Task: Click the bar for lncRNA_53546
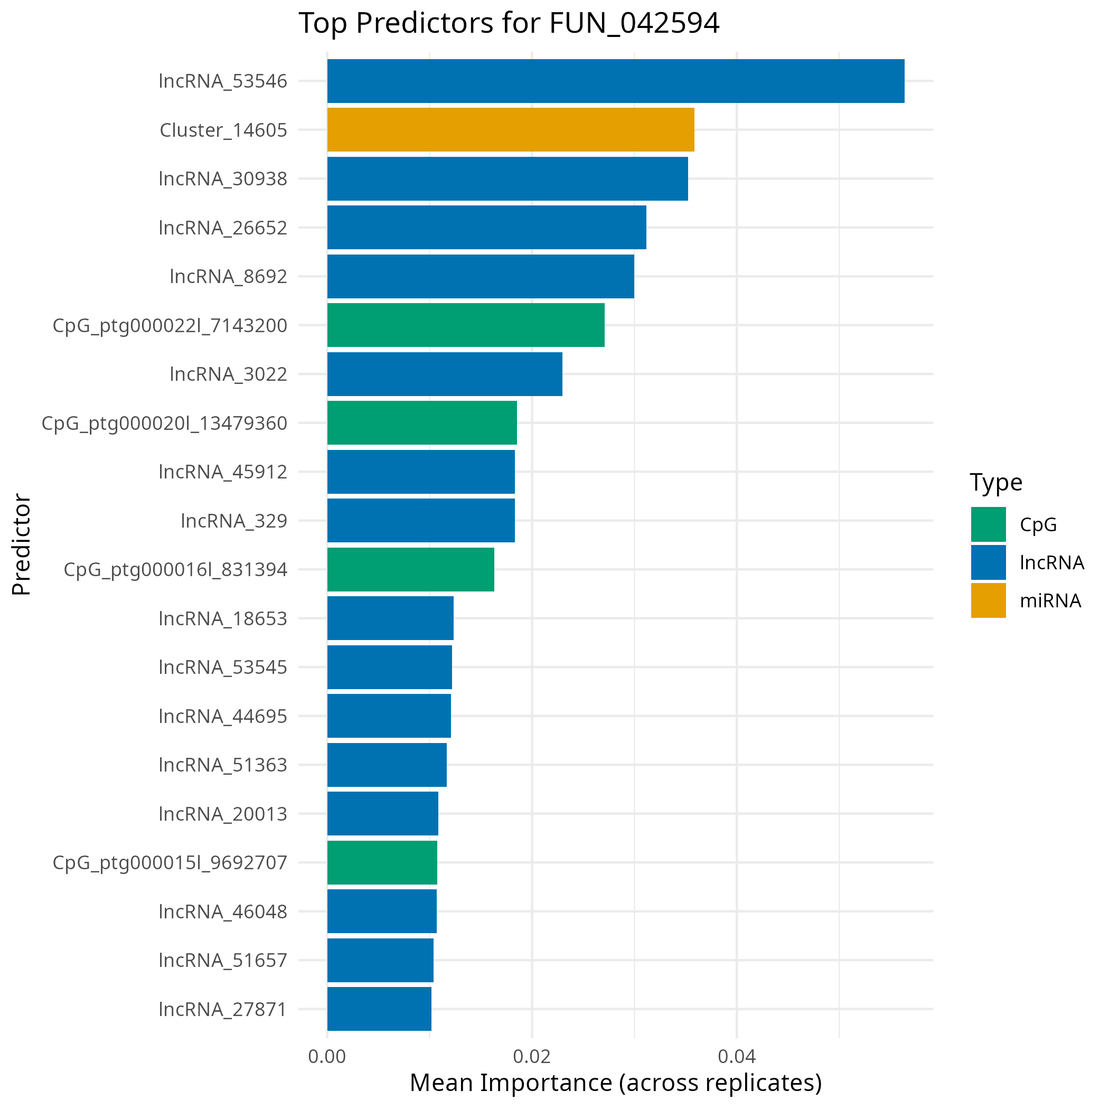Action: click(615, 81)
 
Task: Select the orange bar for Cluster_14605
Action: click(510, 130)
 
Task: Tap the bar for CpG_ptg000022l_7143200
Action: click(466, 325)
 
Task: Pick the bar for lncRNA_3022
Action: click(444, 374)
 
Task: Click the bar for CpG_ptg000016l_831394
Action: click(410, 569)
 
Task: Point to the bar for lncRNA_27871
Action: click(379, 1009)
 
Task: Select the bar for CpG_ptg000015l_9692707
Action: click(382, 862)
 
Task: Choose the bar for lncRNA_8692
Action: click(481, 276)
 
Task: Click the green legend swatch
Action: click(988, 524)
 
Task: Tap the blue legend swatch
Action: click(988, 562)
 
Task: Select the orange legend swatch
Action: click(988, 600)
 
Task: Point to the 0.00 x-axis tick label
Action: click(326, 1057)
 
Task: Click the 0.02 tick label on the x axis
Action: click(532, 1057)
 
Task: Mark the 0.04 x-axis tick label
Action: click(737, 1057)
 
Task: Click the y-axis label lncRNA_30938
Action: click(223, 178)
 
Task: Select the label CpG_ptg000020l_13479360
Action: click(164, 423)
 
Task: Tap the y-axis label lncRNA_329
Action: click(233, 521)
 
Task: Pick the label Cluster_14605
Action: click(223, 130)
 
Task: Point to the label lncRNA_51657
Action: click(223, 960)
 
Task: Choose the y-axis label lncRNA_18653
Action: click(223, 618)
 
